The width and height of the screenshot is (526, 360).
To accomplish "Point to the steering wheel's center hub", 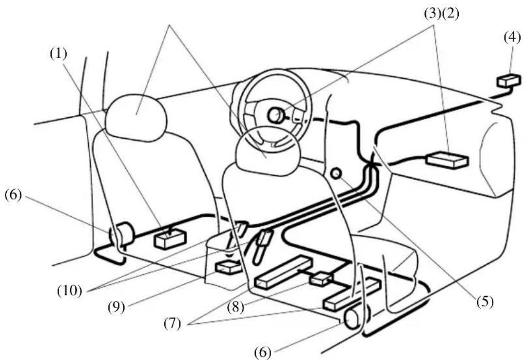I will pyautogui.click(x=275, y=115).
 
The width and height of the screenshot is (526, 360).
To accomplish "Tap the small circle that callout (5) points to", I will pyautogui.click(x=335, y=173).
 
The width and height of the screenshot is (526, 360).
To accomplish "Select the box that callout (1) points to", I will pyautogui.click(x=170, y=239).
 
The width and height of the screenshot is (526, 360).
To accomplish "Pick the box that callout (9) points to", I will pyautogui.click(x=228, y=267).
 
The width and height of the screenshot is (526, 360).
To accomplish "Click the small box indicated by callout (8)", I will pyautogui.click(x=322, y=279).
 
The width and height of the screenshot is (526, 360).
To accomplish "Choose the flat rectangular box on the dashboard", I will pyautogui.click(x=447, y=160).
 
